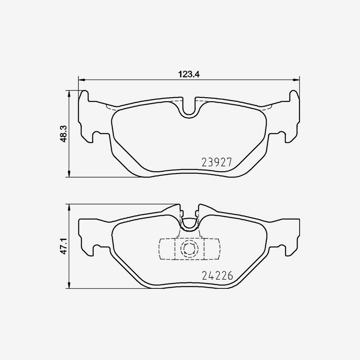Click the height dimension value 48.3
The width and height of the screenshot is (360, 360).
point(62,133)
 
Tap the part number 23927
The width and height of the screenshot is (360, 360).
point(216,162)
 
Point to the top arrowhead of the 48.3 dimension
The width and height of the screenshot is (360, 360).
point(70,94)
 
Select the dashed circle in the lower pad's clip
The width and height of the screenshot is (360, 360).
point(189,249)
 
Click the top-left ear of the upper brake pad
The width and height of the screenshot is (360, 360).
point(84,96)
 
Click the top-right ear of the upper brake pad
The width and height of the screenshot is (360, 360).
point(294,96)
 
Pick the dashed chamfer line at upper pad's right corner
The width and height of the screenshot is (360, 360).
point(267,107)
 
